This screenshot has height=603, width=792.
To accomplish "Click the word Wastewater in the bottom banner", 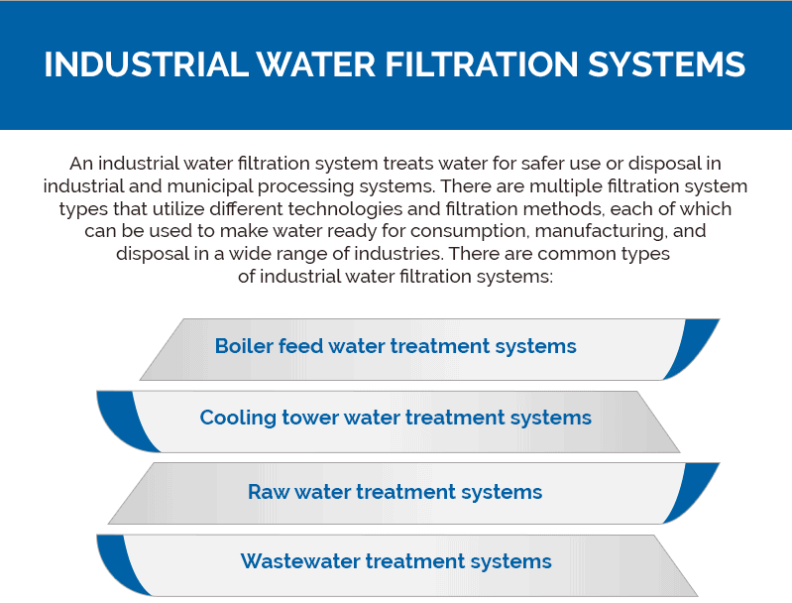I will (300, 561).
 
